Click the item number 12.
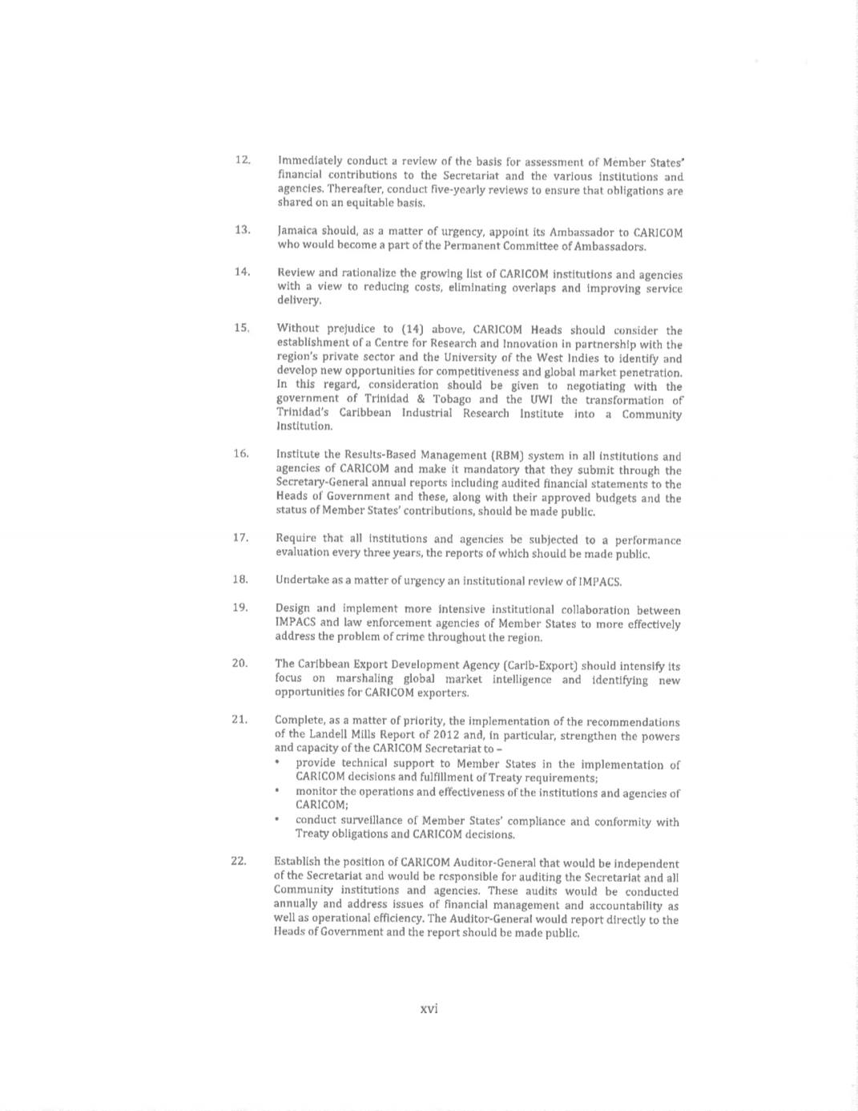(242, 160)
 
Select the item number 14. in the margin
(242, 272)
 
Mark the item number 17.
(240, 537)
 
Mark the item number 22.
(238, 861)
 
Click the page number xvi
(429, 1008)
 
